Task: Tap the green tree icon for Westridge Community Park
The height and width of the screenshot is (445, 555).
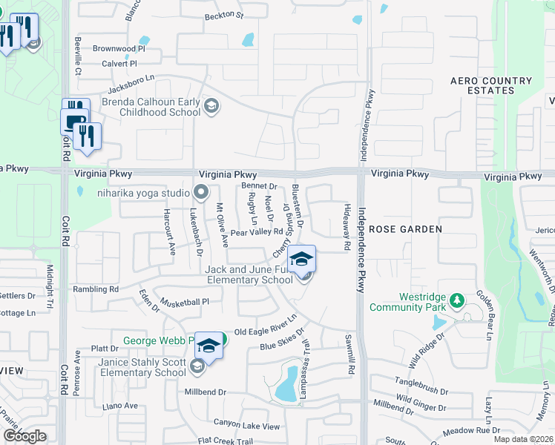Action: tap(458, 300)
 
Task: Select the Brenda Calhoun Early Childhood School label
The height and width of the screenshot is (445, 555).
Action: tap(151, 107)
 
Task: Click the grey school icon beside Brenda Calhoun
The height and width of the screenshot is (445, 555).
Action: tap(211, 107)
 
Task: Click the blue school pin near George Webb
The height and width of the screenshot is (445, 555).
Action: tap(209, 346)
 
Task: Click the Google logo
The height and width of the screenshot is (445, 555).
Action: tap(24, 436)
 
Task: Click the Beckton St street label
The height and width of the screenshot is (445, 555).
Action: tap(224, 15)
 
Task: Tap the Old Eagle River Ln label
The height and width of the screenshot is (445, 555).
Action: tap(265, 326)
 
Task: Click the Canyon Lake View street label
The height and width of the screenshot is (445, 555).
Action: tap(246, 426)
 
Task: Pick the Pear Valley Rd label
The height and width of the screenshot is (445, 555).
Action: tap(257, 233)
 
